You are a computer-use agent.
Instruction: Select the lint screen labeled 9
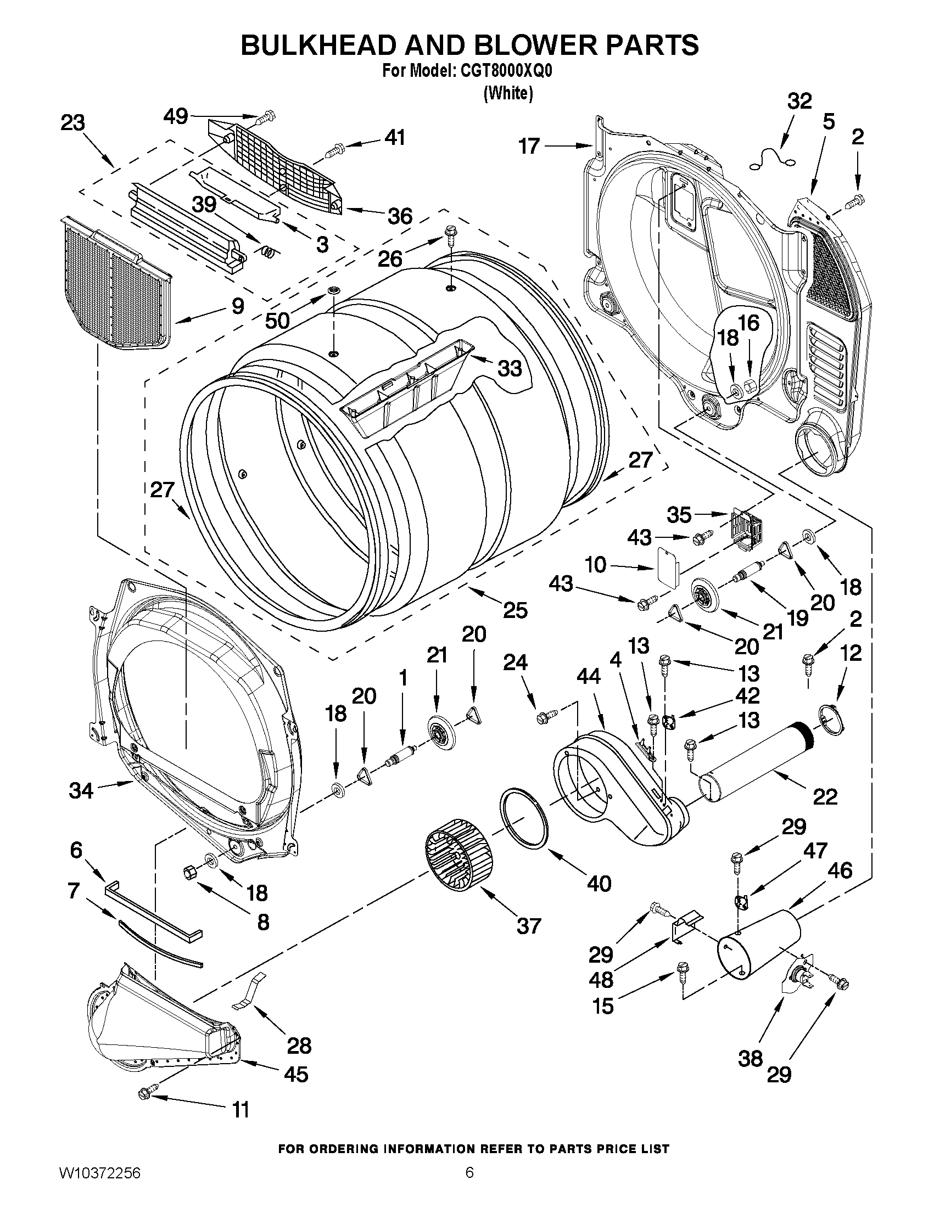[115, 285]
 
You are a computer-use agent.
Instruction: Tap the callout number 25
[514, 610]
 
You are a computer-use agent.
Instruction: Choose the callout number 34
[81, 790]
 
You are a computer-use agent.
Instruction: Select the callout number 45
[295, 1074]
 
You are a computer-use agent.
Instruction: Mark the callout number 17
[529, 146]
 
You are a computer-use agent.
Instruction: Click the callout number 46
[840, 871]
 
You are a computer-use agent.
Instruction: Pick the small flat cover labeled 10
[666, 564]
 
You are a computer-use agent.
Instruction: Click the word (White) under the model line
[508, 93]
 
